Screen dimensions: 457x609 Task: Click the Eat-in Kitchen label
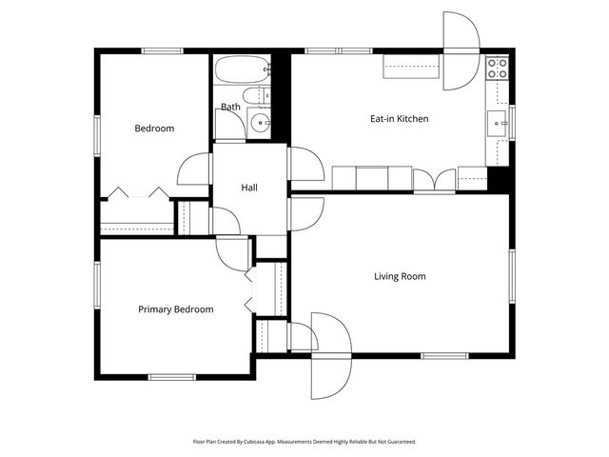coord(399,119)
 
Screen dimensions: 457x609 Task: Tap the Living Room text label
coord(399,277)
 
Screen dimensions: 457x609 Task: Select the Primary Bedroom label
coord(175,309)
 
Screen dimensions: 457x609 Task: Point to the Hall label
coord(249,189)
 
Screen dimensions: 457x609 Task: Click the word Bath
coord(230,107)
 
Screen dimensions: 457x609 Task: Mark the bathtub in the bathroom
coord(242,70)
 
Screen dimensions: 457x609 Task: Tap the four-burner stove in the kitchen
coord(497,69)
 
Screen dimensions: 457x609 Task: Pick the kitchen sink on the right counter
coord(497,122)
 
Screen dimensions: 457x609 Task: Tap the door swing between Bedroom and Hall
coord(195,169)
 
